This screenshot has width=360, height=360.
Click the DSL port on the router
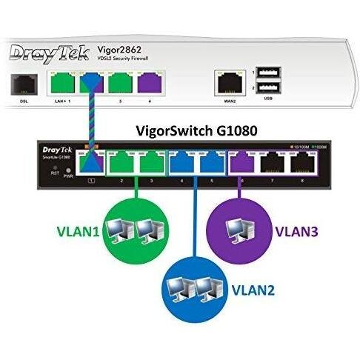coord(21,82)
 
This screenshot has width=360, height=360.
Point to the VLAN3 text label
coord(297,229)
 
